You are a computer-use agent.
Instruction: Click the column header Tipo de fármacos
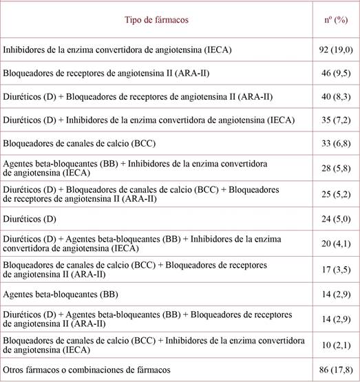point(156,20)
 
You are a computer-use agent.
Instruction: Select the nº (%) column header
point(335,20)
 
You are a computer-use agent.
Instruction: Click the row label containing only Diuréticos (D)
point(32,222)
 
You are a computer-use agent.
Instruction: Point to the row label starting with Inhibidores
point(118,50)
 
